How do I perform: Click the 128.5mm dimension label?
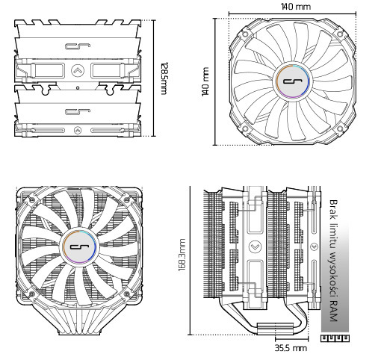tap(164, 78)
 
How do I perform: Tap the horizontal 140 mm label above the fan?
tap(295, 7)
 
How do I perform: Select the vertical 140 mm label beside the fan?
tap(205, 81)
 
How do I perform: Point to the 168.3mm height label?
tap(182, 255)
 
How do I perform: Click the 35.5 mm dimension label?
tap(291, 348)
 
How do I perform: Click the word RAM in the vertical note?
tap(333, 312)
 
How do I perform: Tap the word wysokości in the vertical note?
tap(333, 277)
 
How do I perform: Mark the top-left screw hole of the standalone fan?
tap(244, 34)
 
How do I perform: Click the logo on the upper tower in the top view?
tap(77, 47)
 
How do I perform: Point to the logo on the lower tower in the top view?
tap(77, 111)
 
